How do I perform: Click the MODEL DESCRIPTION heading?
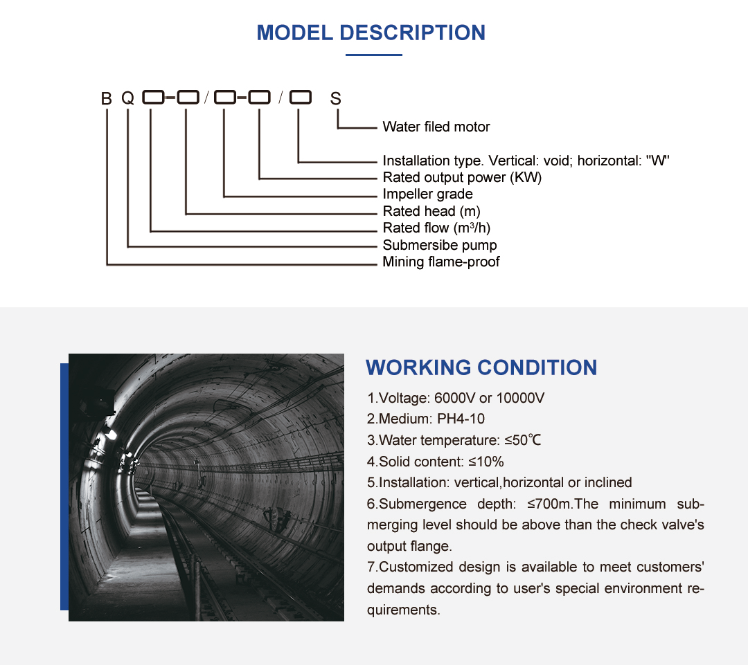pyautogui.click(x=371, y=33)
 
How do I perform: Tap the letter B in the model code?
pyautogui.click(x=106, y=98)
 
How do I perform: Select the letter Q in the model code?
pyautogui.click(x=128, y=98)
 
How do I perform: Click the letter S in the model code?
pyautogui.click(x=336, y=99)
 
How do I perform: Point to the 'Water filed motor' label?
pyautogui.click(x=436, y=127)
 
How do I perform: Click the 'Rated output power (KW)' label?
pyautogui.click(x=462, y=177)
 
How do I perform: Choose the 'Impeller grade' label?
pyautogui.click(x=427, y=194)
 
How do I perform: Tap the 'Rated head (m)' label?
pyautogui.click(x=431, y=211)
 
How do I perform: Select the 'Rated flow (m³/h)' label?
pyautogui.click(x=436, y=228)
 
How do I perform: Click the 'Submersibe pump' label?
pyautogui.click(x=439, y=245)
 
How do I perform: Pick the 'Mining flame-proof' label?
pyautogui.click(x=440, y=262)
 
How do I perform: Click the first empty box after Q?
pyautogui.click(x=152, y=98)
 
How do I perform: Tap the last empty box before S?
pyautogui.click(x=300, y=98)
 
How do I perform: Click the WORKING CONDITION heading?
pyautogui.click(x=481, y=367)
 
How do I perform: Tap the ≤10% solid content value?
pyautogui.click(x=485, y=462)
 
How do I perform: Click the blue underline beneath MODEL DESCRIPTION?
pyautogui.click(x=373, y=55)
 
